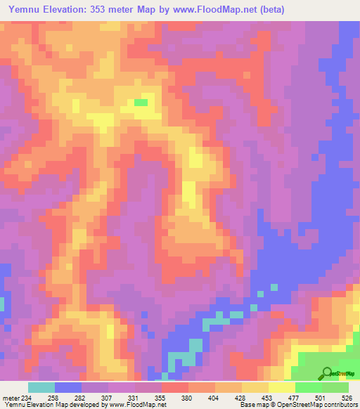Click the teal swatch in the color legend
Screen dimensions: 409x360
tap(41, 387)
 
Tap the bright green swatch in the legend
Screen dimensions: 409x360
tap(309, 387)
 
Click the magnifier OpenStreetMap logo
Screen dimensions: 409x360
tap(326, 373)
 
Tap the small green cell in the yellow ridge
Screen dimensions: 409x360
tap(141, 103)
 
